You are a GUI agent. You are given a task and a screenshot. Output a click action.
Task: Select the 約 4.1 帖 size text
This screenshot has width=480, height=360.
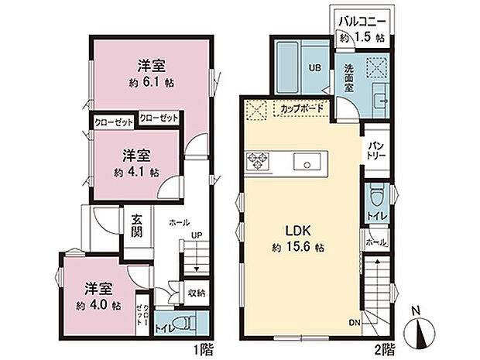(x=133, y=172)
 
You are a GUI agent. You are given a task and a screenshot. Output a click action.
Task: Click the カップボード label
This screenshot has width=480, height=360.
(x=302, y=108)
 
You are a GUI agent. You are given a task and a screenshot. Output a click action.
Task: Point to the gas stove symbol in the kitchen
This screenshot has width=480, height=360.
(x=257, y=161)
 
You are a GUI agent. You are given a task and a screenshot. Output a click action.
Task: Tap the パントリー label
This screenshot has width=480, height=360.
(x=376, y=149)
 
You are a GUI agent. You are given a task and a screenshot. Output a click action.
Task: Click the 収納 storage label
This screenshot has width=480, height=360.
(x=196, y=293)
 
